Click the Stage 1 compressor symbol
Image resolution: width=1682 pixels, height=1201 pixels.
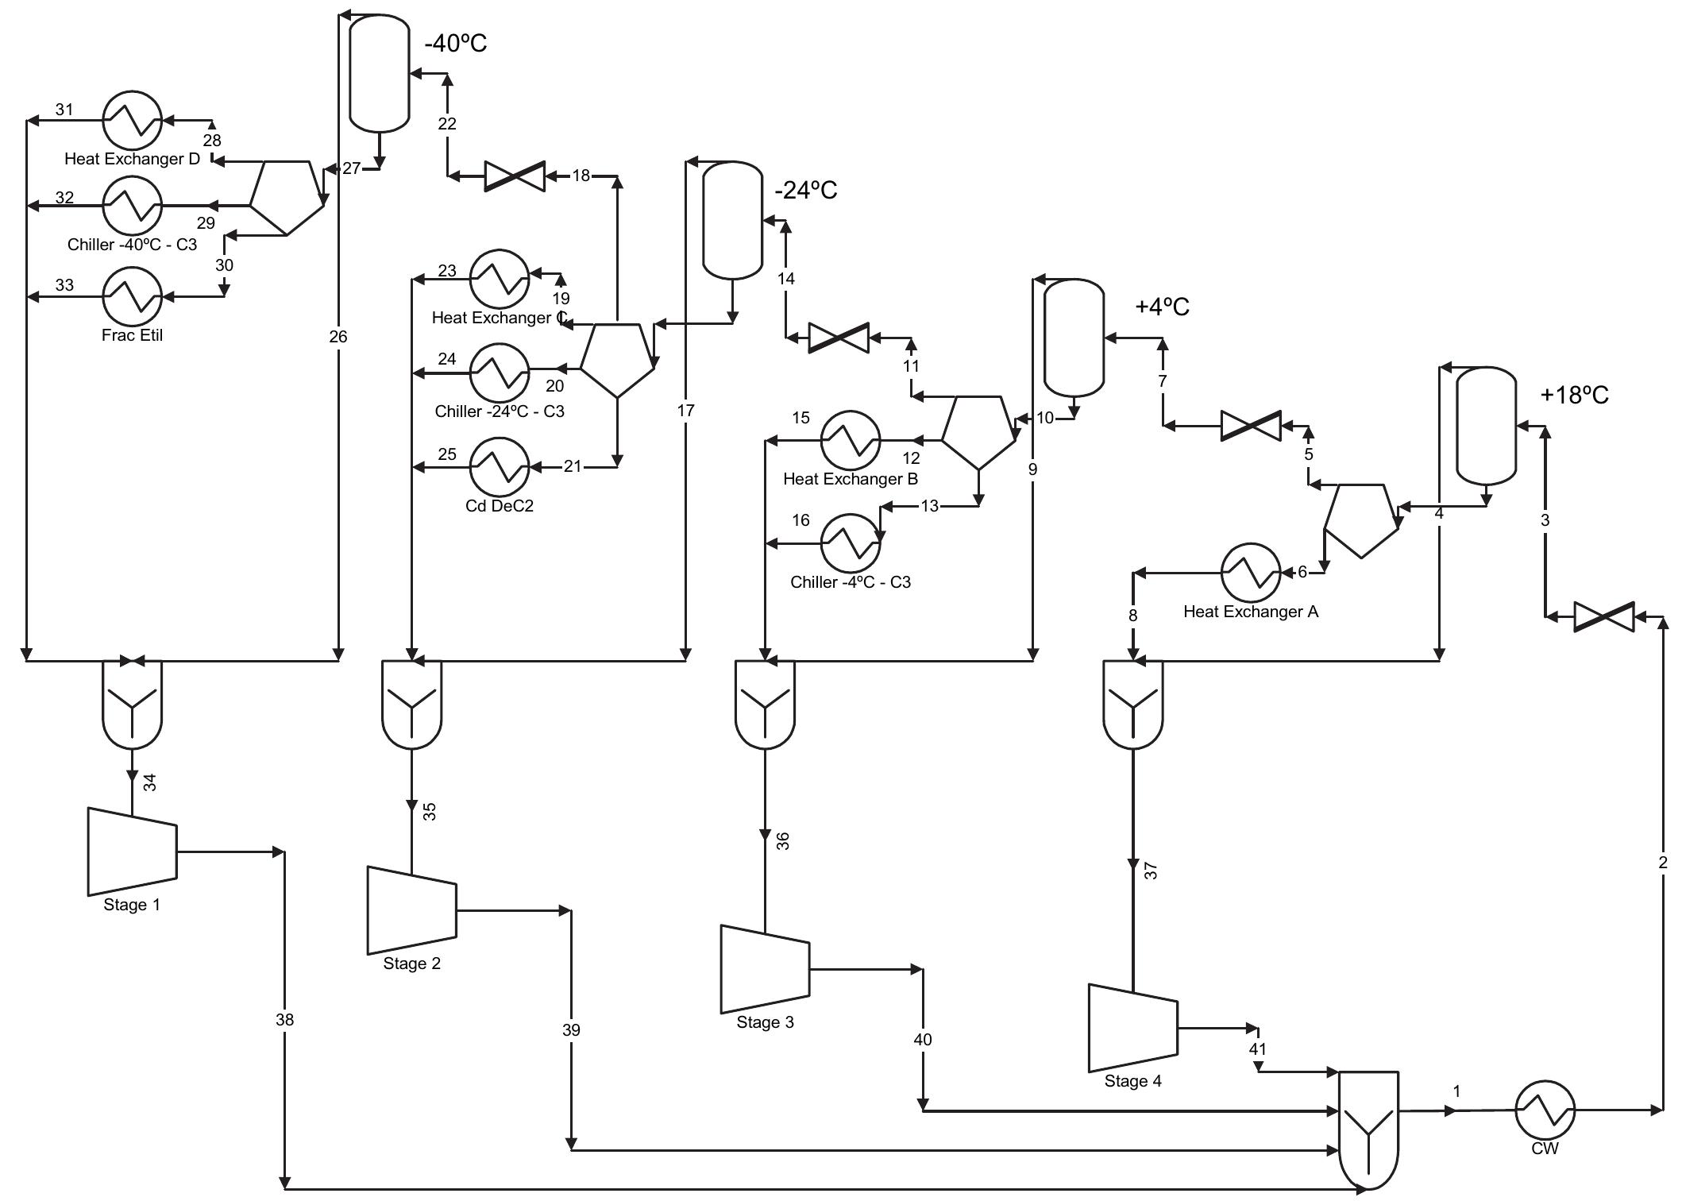pyautogui.click(x=132, y=852)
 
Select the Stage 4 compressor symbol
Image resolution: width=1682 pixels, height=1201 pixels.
pyautogui.click(x=1132, y=1028)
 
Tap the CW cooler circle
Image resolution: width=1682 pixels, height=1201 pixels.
pyautogui.click(x=1545, y=1110)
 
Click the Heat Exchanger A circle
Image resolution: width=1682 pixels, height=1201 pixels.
pyautogui.click(x=1251, y=572)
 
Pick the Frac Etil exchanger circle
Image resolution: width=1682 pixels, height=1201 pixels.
pyautogui.click(x=132, y=296)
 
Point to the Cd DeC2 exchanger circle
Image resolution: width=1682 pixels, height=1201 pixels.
pyautogui.click(x=500, y=467)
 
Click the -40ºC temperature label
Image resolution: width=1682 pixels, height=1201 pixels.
pyautogui.click(x=456, y=44)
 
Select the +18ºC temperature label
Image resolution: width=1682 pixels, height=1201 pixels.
pyautogui.click(x=1574, y=395)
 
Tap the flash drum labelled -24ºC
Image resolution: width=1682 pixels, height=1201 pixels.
pyautogui.click(x=732, y=220)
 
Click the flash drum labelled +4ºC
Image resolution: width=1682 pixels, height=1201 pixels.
pyautogui.click(x=1074, y=338)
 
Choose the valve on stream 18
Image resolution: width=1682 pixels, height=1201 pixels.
pyautogui.click(x=515, y=176)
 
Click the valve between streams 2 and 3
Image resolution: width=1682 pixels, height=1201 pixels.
pyautogui.click(x=1604, y=616)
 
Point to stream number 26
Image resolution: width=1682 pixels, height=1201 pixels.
pyautogui.click(x=338, y=337)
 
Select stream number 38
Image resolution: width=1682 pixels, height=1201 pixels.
pyautogui.click(x=284, y=1019)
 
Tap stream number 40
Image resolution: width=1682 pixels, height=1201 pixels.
pyautogui.click(x=923, y=1039)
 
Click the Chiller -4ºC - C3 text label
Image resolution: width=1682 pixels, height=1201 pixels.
pyautogui.click(x=851, y=582)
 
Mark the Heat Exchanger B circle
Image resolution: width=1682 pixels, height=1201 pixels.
pyautogui.click(x=851, y=439)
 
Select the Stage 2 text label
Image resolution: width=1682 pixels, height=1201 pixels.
pyautogui.click(x=411, y=964)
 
